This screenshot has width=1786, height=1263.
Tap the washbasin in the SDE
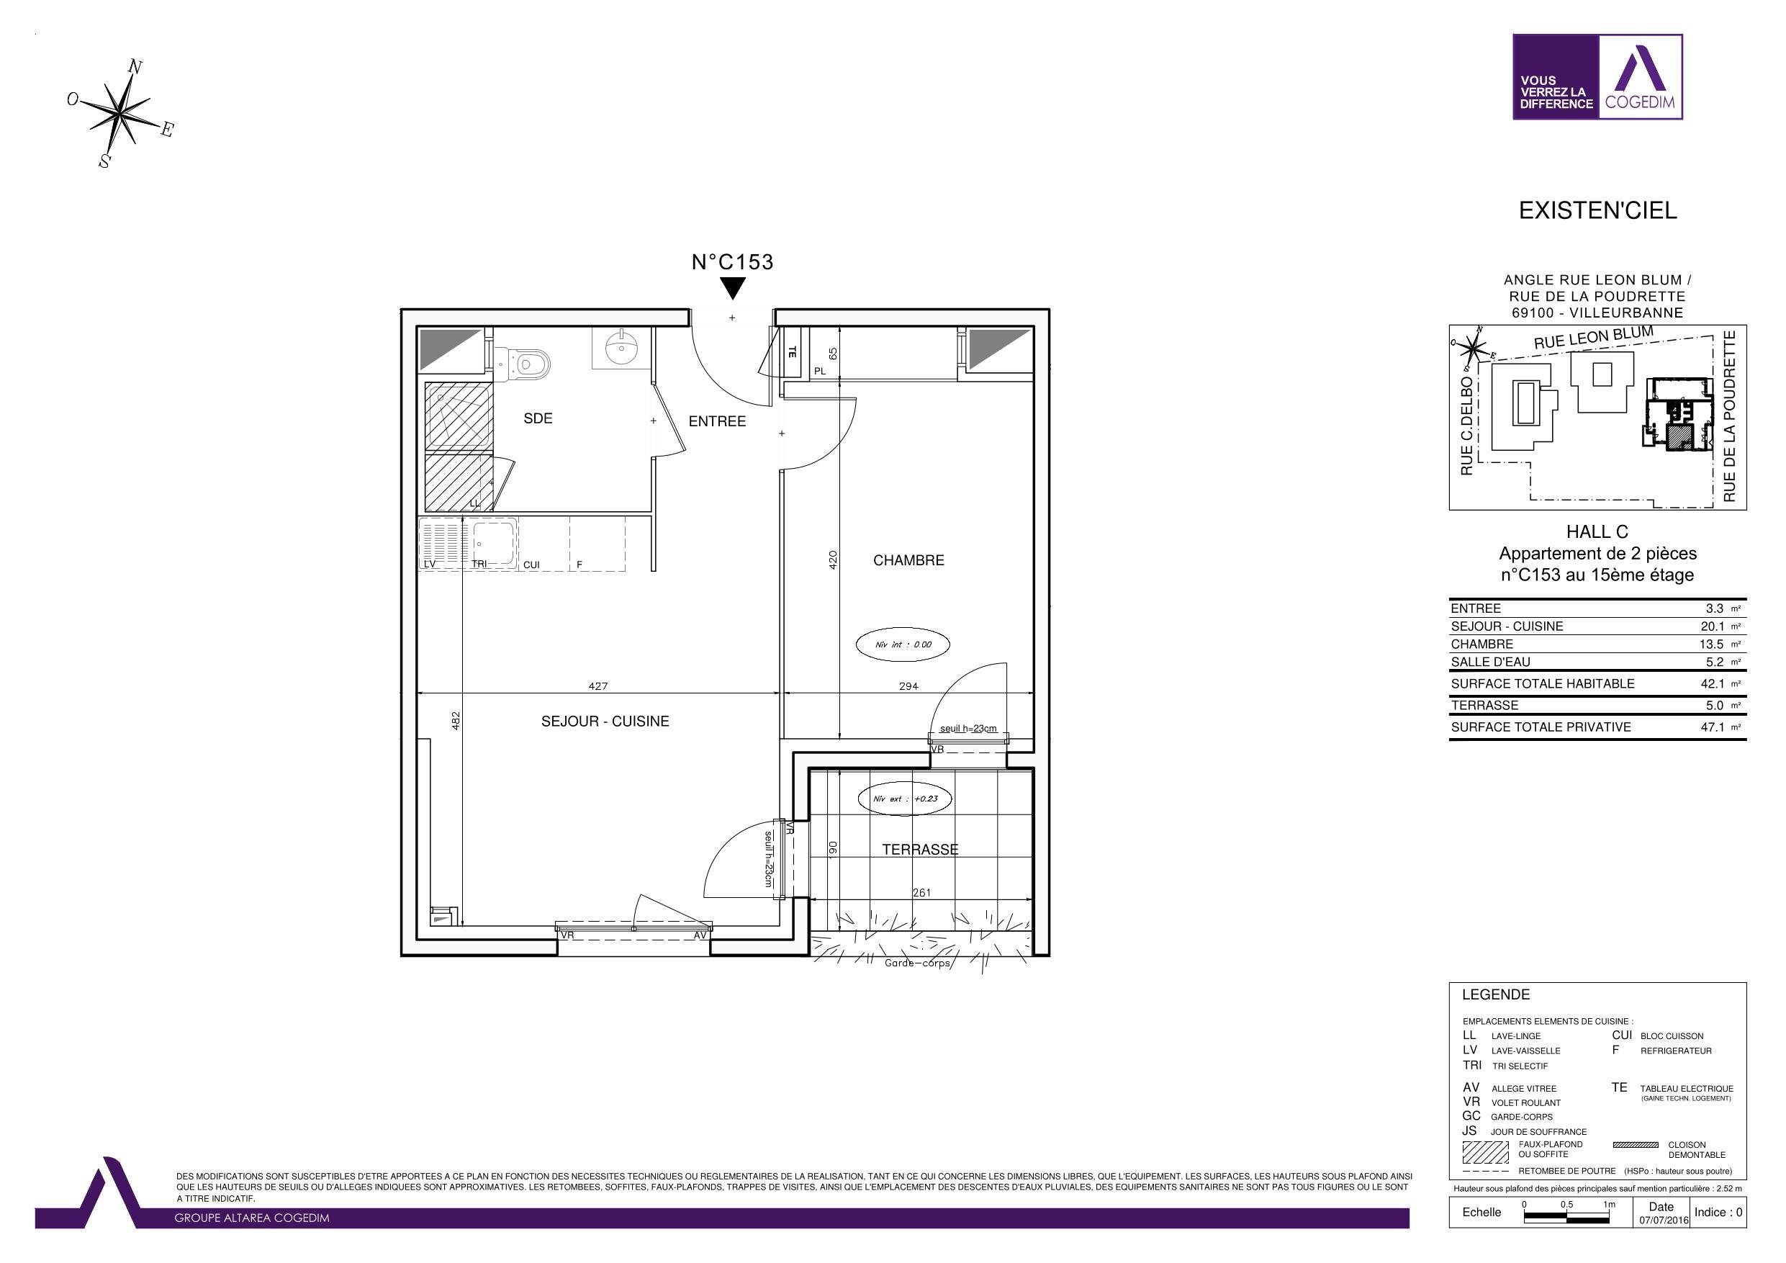pos(621,349)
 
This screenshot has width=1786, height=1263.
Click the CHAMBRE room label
pos(908,560)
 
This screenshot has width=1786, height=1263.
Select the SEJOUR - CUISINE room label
pos(605,722)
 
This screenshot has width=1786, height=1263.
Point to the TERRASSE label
pos(920,850)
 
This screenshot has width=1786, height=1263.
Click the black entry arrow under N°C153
pos(733,289)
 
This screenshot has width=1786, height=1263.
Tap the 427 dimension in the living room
pos(598,686)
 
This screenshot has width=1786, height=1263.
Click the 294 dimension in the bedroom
pos(908,686)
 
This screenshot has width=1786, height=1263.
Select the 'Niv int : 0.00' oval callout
pos(903,644)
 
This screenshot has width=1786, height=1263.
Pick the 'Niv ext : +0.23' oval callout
pos(906,799)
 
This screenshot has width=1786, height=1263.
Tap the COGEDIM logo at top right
pos(1598,76)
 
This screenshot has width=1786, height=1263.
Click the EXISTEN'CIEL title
pos(1598,211)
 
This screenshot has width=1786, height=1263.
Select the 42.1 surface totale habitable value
pos(1712,684)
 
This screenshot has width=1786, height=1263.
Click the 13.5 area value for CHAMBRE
pos(1712,644)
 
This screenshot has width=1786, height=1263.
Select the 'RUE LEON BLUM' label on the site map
pos(1593,338)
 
